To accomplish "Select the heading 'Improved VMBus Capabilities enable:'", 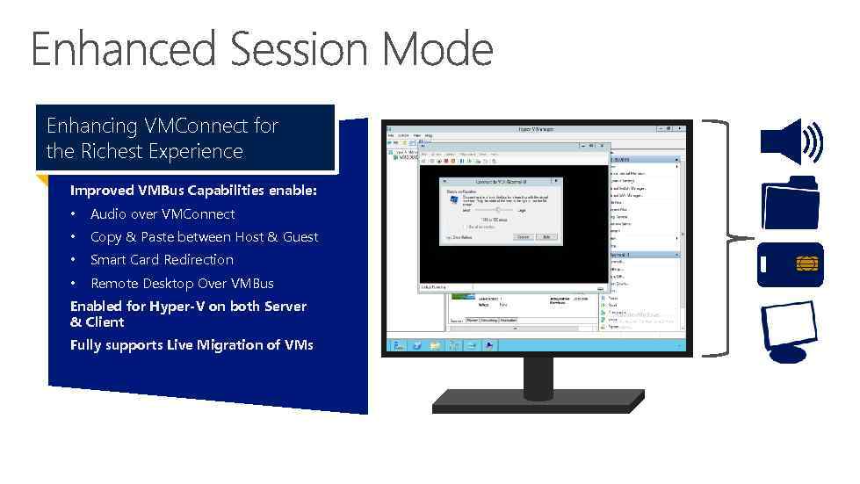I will click(x=193, y=191).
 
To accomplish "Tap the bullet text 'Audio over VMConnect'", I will click(x=163, y=214).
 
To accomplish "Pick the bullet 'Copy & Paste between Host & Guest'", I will click(x=204, y=237).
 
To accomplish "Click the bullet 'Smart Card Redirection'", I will click(x=162, y=260).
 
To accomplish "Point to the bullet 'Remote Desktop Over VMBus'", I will click(x=182, y=283).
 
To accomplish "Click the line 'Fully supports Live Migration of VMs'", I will click(x=192, y=345).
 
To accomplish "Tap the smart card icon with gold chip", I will click(x=791, y=264).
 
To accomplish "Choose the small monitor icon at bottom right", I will click(x=791, y=329).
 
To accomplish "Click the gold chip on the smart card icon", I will click(x=804, y=264).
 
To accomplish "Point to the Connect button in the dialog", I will click(x=524, y=237).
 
